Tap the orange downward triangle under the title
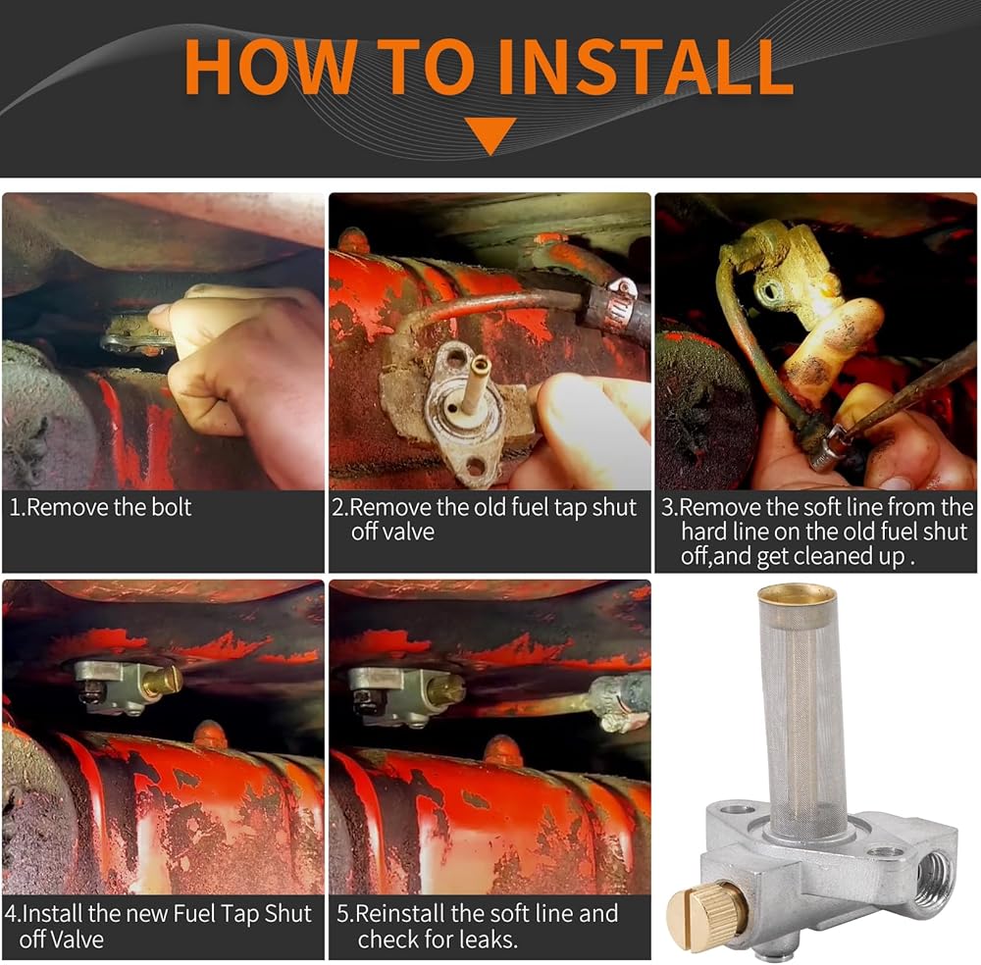(491, 133)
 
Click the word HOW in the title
(271, 67)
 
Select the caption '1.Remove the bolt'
(100, 507)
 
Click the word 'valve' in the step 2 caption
(392, 532)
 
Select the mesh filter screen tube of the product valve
(799, 713)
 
